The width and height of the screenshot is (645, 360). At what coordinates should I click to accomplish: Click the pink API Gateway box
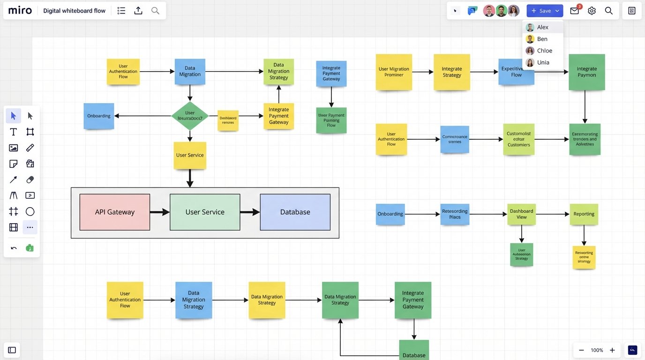(115, 212)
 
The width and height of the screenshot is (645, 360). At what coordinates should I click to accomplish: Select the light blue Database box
(295, 212)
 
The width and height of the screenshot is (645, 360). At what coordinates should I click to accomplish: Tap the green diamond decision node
(190, 116)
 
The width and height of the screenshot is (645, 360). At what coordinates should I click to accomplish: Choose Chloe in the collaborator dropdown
(544, 51)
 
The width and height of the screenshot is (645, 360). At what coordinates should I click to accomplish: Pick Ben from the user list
(542, 39)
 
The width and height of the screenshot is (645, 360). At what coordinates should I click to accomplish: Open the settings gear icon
(592, 11)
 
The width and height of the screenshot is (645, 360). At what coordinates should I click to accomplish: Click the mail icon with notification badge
(575, 11)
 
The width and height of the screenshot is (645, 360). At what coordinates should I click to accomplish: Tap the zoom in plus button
(612, 350)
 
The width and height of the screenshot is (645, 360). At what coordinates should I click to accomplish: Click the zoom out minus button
(581, 350)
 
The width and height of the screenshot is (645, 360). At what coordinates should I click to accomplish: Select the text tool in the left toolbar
(14, 132)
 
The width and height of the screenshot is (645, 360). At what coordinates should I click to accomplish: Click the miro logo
(20, 10)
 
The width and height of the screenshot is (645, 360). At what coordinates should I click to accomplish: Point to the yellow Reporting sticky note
(584, 214)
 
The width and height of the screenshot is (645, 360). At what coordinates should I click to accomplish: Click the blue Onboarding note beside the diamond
(99, 116)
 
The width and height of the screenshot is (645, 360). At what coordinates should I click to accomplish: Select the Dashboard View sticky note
(521, 214)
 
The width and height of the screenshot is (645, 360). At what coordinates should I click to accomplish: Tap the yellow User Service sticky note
(190, 155)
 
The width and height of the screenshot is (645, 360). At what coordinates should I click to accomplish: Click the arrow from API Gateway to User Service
(159, 212)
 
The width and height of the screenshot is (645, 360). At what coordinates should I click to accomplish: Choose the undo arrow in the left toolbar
(14, 248)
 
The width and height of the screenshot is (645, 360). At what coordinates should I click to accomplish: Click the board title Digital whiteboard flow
(74, 11)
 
